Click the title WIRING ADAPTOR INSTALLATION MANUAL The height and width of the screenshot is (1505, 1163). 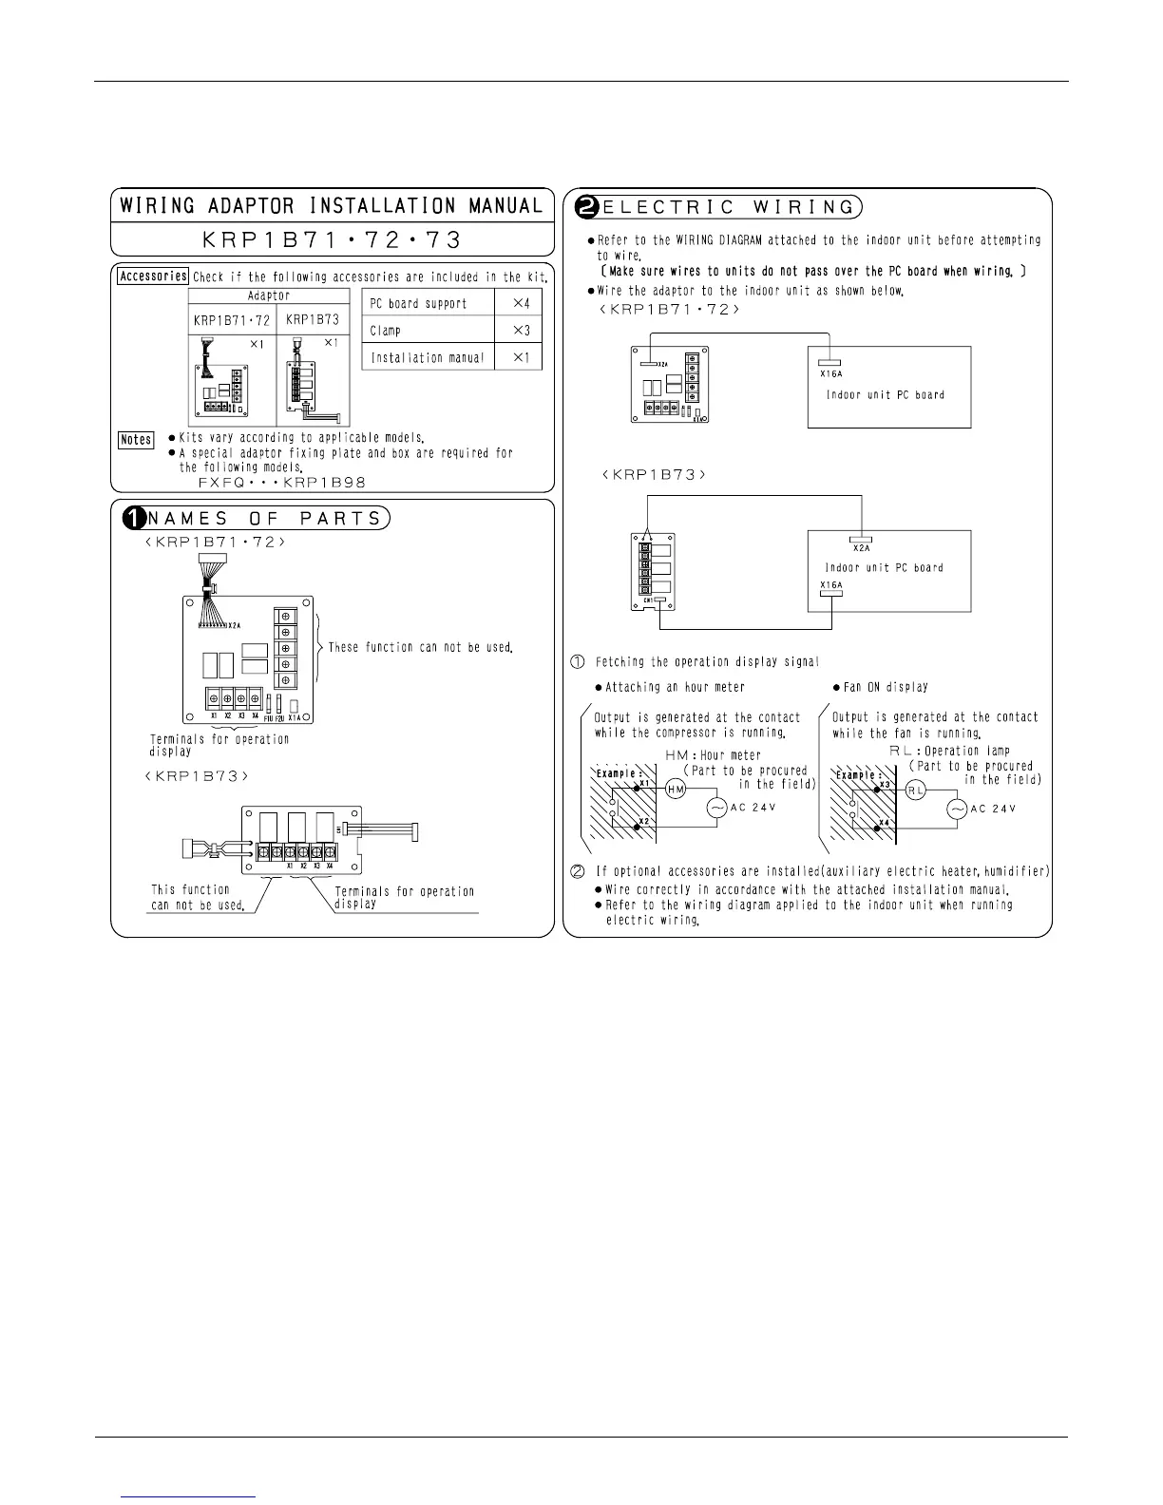pos(332,205)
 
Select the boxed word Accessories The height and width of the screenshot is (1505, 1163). pos(153,276)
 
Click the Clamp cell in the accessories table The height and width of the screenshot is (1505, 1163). pos(386,331)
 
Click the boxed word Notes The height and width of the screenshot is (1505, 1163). pos(136,439)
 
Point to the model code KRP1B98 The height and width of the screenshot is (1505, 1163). pos(328,482)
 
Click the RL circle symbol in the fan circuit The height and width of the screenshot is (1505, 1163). pos(915,790)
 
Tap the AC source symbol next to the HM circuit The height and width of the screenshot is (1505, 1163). pos(717,807)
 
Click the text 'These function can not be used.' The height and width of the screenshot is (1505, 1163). pos(421,647)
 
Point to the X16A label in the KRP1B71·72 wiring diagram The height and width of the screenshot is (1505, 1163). pos(830,373)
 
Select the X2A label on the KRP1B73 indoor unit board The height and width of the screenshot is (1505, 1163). pos(861,547)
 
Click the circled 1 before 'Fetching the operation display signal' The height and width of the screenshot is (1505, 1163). pos(577,661)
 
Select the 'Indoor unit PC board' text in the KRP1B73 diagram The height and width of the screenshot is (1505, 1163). pos(884,567)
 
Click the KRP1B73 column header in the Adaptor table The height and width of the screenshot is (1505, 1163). pos(313,320)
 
